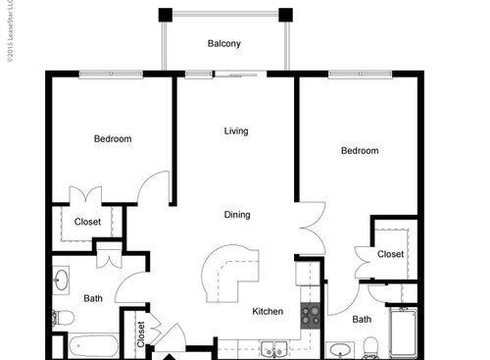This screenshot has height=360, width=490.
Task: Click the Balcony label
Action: pos(224,44)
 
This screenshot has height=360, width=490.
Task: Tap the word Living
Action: pos(235,131)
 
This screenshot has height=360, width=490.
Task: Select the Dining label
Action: pos(236,215)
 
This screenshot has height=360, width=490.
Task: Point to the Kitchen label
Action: pos(268,312)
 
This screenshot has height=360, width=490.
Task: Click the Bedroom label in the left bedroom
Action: pos(113,139)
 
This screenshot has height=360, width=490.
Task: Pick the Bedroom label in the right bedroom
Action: pos(360,151)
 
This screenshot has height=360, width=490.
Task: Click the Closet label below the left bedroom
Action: pos(87,222)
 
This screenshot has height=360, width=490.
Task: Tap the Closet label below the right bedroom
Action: pos(390,254)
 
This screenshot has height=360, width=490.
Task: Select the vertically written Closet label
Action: pos(141,335)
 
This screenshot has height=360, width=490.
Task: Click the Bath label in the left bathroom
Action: pos(93,298)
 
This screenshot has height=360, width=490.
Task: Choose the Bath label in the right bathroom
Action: pos(362,319)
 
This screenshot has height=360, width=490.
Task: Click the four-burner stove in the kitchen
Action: pos(312,316)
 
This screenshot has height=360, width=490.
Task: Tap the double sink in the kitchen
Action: pos(272,348)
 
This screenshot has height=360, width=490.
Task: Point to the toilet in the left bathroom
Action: pos(64,317)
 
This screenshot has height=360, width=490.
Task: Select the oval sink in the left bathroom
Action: pos(62,280)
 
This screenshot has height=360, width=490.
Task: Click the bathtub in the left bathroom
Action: pos(93,346)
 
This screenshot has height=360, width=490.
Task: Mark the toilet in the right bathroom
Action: pos(371,347)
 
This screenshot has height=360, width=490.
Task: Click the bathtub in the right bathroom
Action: pos(404,333)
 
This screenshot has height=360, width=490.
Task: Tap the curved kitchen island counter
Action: pos(227,273)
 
